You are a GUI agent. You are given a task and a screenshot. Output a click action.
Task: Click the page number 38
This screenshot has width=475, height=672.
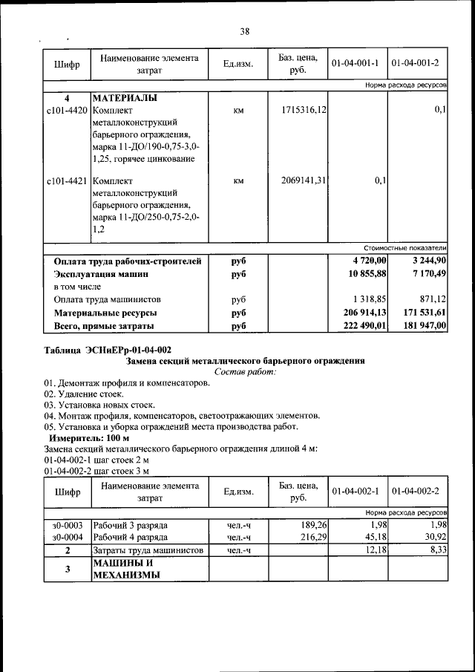coord(244,31)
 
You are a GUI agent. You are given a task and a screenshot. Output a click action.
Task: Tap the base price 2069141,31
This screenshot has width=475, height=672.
coord(304,180)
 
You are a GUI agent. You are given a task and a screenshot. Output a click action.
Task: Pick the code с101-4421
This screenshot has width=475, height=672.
coord(67,180)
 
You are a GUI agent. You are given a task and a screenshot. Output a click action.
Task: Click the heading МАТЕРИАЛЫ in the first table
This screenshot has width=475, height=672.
coord(124,98)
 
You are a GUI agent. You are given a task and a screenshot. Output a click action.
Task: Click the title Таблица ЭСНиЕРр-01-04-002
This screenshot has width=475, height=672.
coord(108,349)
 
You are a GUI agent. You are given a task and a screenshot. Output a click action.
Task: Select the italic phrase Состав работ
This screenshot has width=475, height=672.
coord(244,371)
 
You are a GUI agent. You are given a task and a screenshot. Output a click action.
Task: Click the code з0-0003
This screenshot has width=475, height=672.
coord(67,524)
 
